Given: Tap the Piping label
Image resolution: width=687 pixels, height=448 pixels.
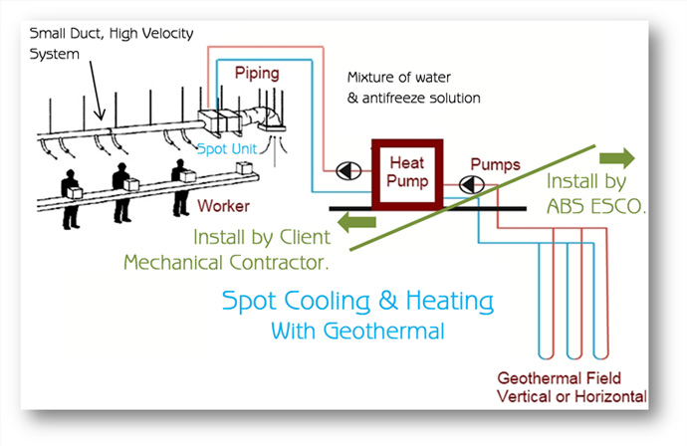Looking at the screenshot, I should tap(258, 73).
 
